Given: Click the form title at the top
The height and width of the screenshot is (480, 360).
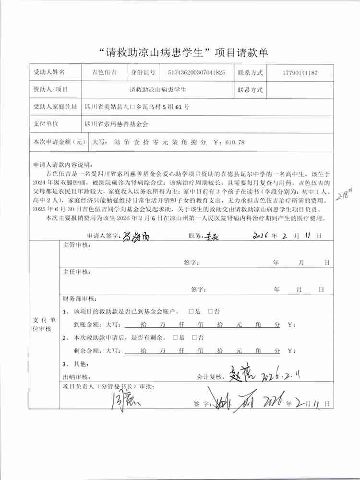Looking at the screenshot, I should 180,53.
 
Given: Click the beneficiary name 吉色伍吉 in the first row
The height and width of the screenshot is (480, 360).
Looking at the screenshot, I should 104,73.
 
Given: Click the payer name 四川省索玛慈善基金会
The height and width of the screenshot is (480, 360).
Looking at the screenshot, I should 116,124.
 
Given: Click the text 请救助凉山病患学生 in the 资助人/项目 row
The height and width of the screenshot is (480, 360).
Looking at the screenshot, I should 158,90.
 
